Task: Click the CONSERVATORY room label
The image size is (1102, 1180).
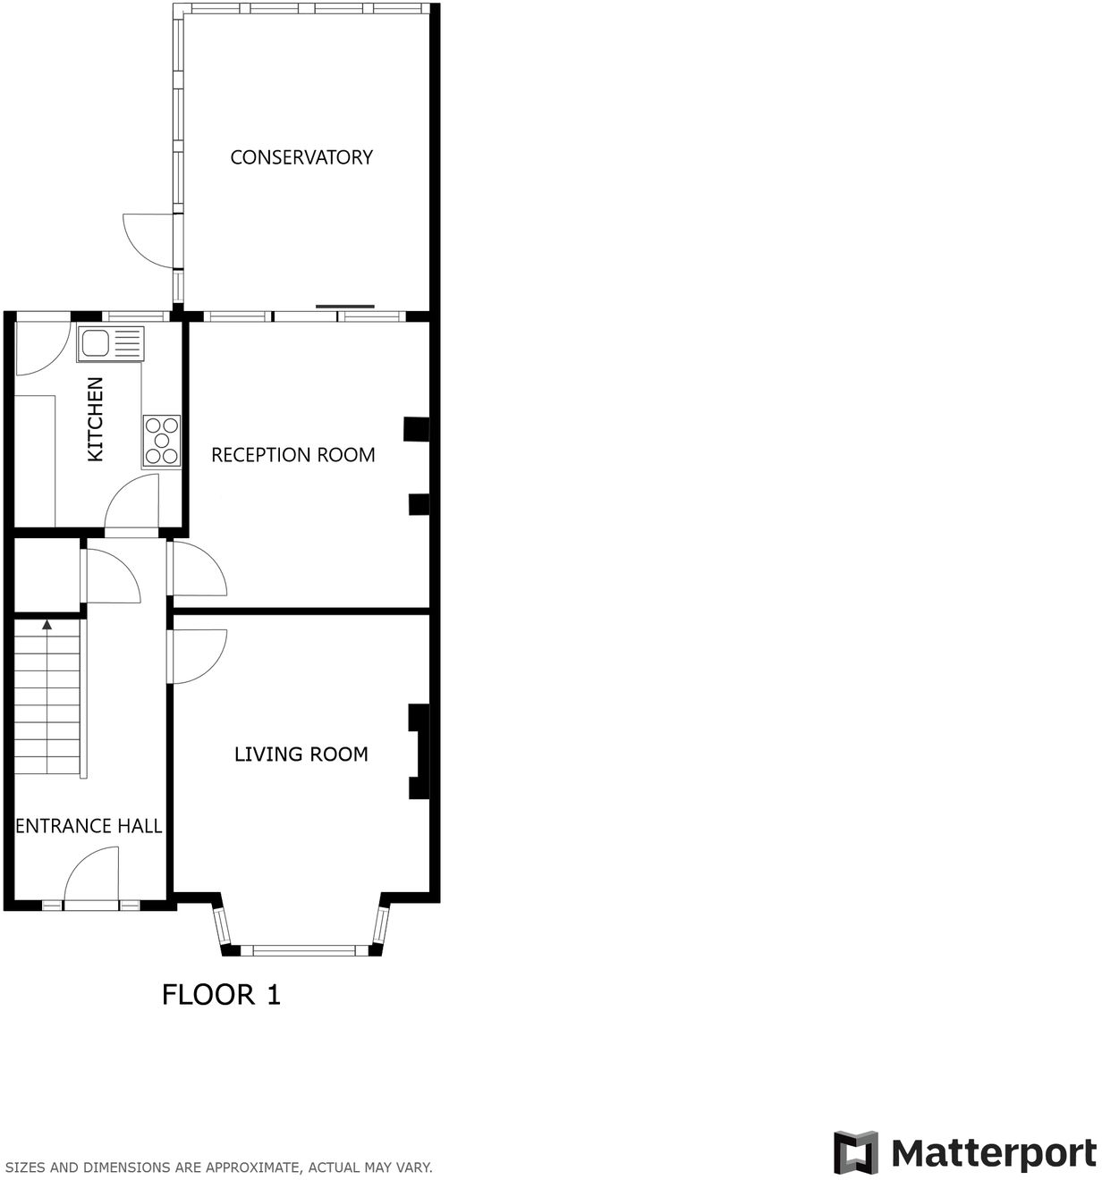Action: [301, 157]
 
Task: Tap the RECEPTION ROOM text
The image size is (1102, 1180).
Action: [292, 455]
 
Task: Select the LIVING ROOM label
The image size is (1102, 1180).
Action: [301, 754]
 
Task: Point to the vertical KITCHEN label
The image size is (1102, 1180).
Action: [95, 419]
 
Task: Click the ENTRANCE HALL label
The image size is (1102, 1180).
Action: [89, 826]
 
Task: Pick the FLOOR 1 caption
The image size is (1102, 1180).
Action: [221, 994]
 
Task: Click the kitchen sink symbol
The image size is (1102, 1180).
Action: [110, 343]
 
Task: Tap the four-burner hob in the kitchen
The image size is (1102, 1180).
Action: [162, 441]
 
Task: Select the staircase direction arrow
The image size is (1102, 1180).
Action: [47, 625]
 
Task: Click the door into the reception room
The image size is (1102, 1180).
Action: [198, 569]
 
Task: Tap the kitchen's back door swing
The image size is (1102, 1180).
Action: [43, 349]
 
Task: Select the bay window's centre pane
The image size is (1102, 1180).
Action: [304, 949]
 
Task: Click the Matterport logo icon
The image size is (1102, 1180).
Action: [856, 1152]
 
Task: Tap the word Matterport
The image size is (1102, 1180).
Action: [993, 1152]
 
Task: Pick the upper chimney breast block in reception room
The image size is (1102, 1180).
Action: [416, 429]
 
